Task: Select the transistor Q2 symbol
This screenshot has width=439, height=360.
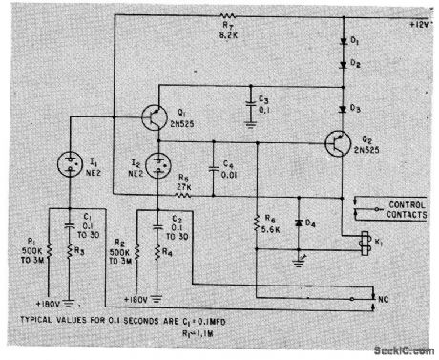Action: pos(336,143)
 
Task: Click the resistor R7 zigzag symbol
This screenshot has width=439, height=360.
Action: pos(227,16)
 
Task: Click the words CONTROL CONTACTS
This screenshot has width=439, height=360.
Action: pos(402,210)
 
